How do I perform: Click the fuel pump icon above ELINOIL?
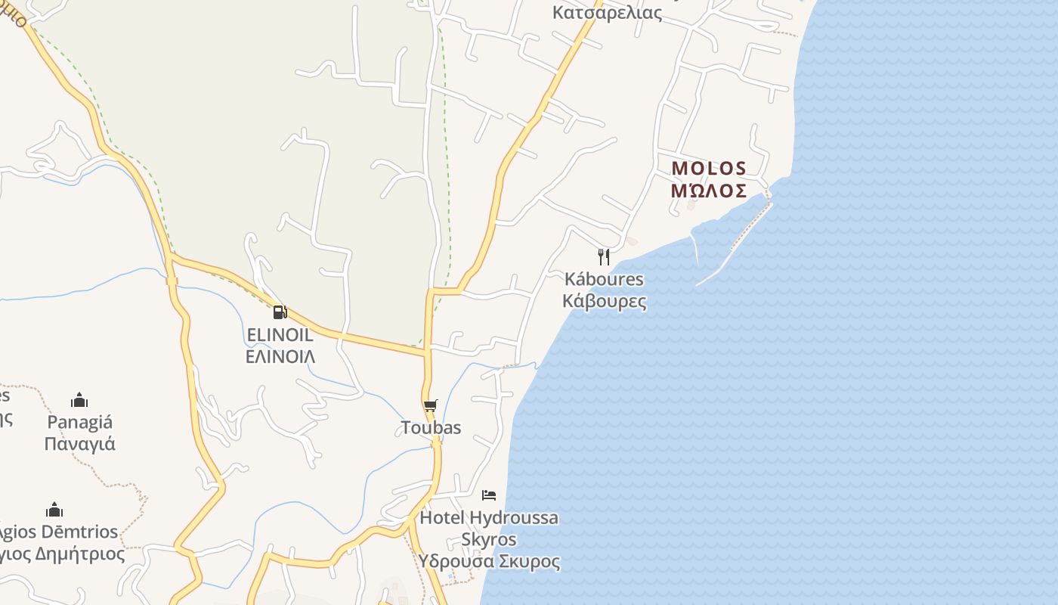point(280,312)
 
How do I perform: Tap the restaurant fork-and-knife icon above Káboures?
point(603,257)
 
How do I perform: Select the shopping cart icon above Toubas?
point(431,406)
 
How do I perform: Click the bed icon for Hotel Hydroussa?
point(489,495)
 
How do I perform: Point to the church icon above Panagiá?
point(79,400)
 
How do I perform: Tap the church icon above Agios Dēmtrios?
point(54,510)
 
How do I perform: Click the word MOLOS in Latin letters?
point(709,168)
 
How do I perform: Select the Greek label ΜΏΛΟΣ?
point(709,190)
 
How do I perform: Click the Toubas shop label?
point(431,428)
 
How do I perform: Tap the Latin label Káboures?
point(604,279)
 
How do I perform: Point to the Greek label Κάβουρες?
point(604,301)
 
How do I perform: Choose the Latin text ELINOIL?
point(280,335)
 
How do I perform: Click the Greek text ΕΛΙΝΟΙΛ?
point(280,356)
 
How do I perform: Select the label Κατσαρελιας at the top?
point(607,13)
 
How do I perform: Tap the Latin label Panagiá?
point(79,422)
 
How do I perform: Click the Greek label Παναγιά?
point(79,444)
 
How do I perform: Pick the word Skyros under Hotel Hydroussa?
point(489,540)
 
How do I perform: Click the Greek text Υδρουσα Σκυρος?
point(490,562)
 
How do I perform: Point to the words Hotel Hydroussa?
point(489,518)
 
